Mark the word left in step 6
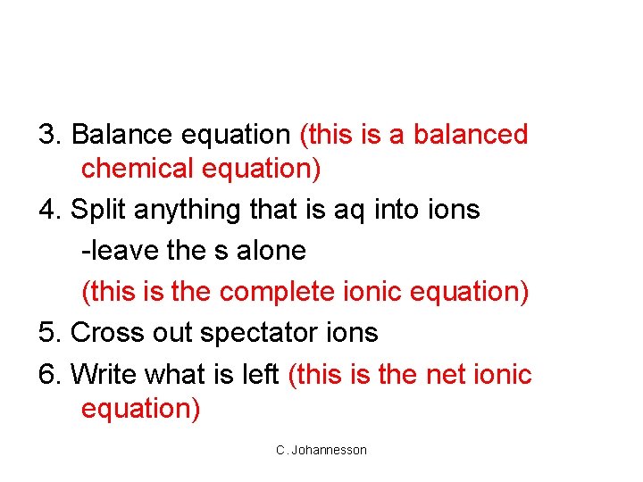click(x=261, y=374)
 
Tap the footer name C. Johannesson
click(x=321, y=450)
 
